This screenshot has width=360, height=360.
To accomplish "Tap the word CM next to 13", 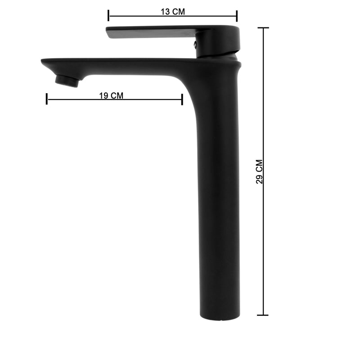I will point(178,12).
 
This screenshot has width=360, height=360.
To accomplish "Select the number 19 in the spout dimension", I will point(103,95).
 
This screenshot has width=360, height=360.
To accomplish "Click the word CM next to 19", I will point(117,95).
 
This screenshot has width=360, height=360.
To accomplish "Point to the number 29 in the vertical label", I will point(260,180).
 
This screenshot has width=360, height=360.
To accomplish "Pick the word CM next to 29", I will point(260,166).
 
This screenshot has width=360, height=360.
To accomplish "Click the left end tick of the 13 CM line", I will point(108,16).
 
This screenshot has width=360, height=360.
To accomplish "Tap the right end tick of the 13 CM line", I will point(237,16).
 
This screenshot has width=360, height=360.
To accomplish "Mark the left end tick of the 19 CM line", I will point(47,99).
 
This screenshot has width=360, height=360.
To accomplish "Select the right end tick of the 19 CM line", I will point(182,99).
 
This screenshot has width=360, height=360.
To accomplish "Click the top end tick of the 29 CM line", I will point(263,28).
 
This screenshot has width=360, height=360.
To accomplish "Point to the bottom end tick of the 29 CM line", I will point(263,315).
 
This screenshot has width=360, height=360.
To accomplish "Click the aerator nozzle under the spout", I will point(67,81).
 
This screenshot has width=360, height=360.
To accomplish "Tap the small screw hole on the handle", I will point(195,44).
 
